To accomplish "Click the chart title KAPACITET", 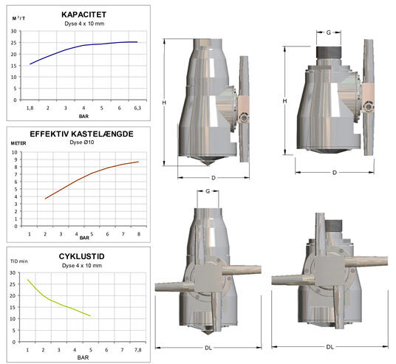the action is pos(83,15).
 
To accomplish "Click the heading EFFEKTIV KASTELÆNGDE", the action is pos(81,134).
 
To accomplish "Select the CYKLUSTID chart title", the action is pos(81,256).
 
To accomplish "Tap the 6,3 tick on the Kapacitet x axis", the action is pos(137,109).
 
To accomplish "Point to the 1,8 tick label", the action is pos(30,109).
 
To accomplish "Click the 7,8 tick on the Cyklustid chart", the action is pos(137,350).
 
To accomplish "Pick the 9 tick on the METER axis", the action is pos(16,159).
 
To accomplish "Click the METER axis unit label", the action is pos(18,143).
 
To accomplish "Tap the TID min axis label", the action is pos(19,261).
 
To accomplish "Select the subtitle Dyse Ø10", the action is pos(82,142).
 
